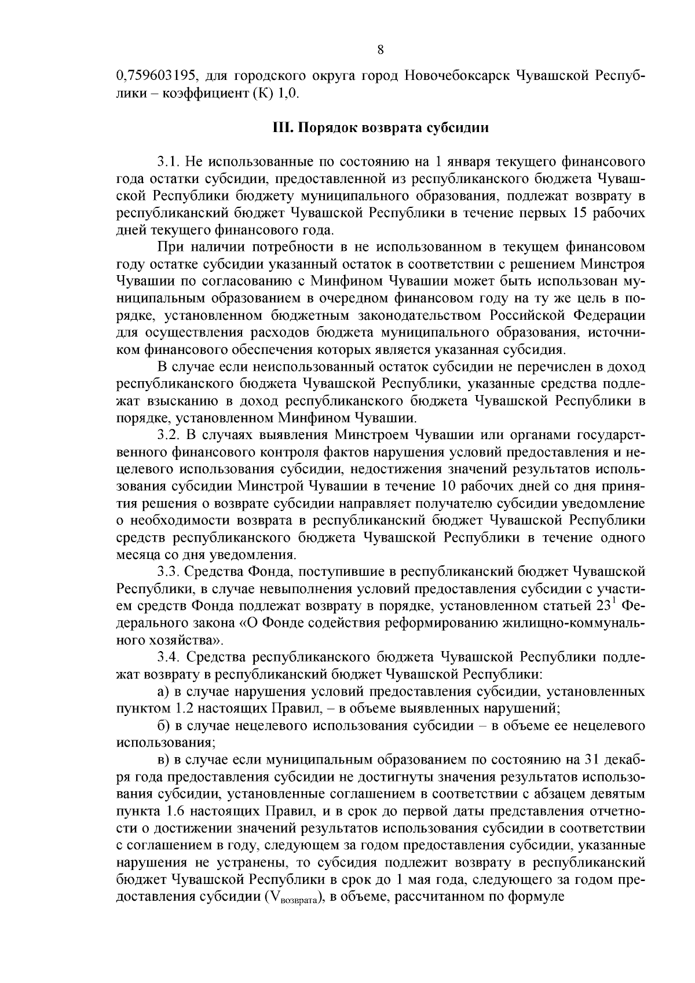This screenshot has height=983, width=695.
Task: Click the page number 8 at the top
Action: tap(381, 50)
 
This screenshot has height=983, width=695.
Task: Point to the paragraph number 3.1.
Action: tap(169, 162)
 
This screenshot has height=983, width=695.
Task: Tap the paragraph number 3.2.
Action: tap(169, 434)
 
